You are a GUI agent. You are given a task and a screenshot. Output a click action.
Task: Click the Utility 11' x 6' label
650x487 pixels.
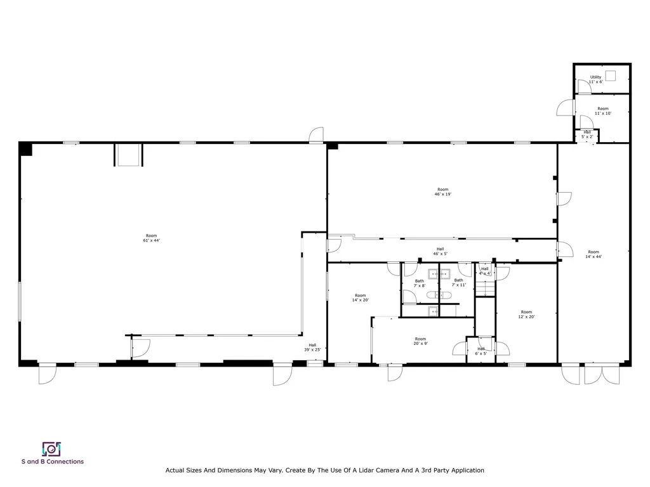pyautogui.click(x=595, y=79)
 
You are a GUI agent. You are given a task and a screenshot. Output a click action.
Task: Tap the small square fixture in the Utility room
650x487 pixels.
pyautogui.click(x=611, y=75)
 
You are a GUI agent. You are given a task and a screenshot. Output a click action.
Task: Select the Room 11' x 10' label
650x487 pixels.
pyautogui.click(x=602, y=111)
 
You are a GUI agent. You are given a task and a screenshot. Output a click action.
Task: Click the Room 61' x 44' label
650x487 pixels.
pyautogui.click(x=151, y=238)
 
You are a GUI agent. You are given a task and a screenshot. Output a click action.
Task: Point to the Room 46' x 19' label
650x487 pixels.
pyautogui.click(x=442, y=192)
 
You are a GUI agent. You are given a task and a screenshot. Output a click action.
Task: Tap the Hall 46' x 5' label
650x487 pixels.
pyautogui.click(x=440, y=251)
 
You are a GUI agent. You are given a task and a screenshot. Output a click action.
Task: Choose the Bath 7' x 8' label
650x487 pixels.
pyautogui.click(x=420, y=283)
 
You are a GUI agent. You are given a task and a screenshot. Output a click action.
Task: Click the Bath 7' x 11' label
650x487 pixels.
pyautogui.click(x=458, y=283)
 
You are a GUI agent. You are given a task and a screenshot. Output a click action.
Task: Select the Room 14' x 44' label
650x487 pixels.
pyautogui.click(x=593, y=254)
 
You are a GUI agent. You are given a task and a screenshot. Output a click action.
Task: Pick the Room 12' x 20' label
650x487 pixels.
pyautogui.click(x=526, y=314)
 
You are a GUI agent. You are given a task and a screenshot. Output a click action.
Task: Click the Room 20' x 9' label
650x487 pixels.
pyautogui.click(x=420, y=341)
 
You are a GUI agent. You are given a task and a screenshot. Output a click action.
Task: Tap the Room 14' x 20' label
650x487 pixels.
pyautogui.click(x=360, y=298)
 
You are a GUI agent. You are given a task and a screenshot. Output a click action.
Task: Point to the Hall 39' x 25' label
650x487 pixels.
pyautogui.click(x=312, y=347)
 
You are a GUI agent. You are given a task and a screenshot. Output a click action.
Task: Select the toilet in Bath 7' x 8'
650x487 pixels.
pyautogui.click(x=432, y=295)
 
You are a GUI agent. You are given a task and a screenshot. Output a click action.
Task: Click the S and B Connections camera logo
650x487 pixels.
pyautogui.click(x=51, y=449)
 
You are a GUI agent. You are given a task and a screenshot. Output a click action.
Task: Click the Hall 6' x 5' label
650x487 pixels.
pyautogui.click(x=481, y=351)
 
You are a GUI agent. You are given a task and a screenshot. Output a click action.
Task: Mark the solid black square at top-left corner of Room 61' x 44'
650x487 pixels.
pyautogui.click(x=25, y=149)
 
